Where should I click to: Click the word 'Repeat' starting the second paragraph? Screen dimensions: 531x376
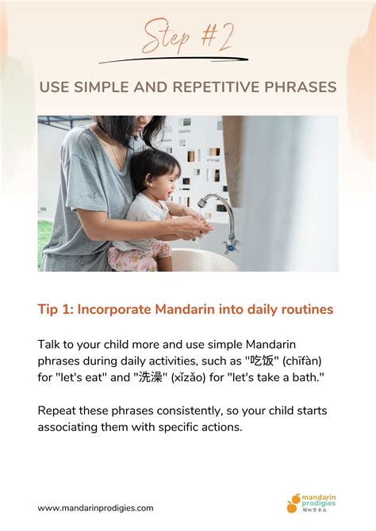[58, 411]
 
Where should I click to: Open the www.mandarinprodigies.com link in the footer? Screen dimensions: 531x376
[96, 508]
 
